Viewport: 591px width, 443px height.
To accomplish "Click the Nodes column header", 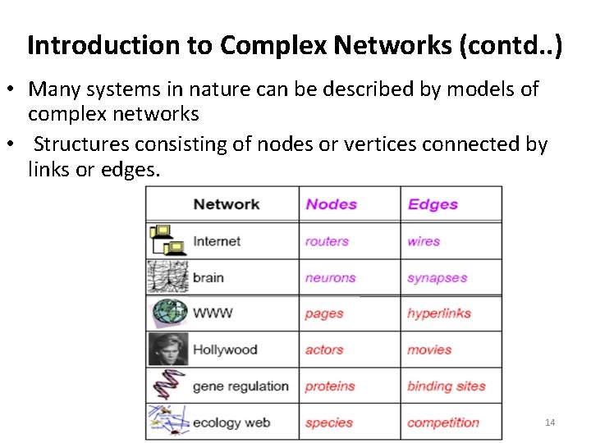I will (331, 204).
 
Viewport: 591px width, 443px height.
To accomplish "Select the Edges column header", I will (433, 204).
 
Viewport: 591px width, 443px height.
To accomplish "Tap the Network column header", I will (226, 204).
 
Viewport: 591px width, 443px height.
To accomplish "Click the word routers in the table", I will (327, 241).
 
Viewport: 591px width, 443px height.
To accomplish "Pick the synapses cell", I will (437, 278).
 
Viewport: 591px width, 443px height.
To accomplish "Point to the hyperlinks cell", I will (439, 313).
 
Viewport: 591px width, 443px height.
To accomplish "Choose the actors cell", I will (324, 349).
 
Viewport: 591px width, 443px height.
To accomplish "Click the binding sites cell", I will (447, 386).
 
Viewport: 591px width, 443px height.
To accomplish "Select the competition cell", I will (443, 422).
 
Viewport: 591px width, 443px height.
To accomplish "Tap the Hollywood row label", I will (225, 349).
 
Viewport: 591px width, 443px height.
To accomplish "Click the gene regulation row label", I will (241, 386).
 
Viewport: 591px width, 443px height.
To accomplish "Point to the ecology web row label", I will (231, 422).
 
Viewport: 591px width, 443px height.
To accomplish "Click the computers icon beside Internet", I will (168, 240).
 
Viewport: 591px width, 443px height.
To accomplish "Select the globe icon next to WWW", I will (170, 313).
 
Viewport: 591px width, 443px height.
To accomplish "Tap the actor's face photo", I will (168, 349).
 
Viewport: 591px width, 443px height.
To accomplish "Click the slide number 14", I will (550, 422).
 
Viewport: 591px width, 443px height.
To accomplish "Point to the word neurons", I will (330, 278).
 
